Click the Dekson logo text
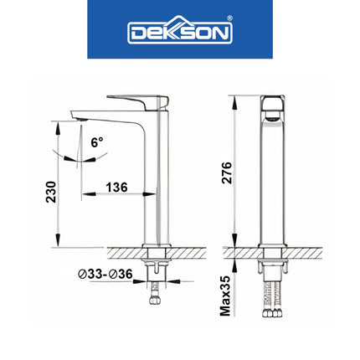[x=178, y=33]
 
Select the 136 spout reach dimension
[x=117, y=188]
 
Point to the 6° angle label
[x=97, y=143]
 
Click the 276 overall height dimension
[x=226, y=171]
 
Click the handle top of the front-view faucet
[x=270, y=102]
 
